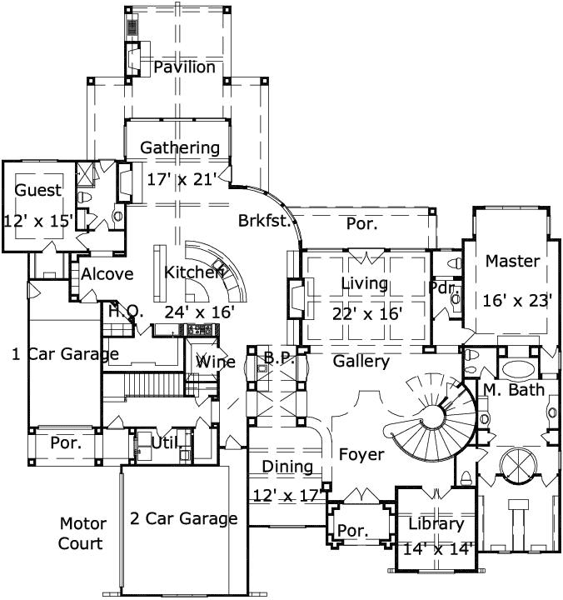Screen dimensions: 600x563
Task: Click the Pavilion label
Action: [x=183, y=67]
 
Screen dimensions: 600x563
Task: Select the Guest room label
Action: [x=38, y=191]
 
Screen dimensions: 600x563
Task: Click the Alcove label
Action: [x=107, y=275]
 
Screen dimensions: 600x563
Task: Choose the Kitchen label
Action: [x=193, y=272]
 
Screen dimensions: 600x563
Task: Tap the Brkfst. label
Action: [x=264, y=222]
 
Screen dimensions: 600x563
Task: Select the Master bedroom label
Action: [x=513, y=261]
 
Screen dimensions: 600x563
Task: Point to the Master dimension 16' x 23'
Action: [x=516, y=300]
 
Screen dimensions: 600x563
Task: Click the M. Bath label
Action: [x=515, y=389]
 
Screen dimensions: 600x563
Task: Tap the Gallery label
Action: [x=361, y=362]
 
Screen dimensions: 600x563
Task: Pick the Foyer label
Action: [x=361, y=455]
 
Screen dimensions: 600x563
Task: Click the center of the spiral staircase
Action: [x=434, y=414]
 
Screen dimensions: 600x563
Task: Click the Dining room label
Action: [x=287, y=467]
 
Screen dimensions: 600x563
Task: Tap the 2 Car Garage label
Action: [x=183, y=519]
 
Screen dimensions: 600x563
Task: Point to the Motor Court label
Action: [x=82, y=534]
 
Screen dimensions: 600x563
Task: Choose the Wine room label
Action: [x=215, y=362]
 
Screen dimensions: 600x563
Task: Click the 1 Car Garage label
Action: [x=65, y=354]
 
